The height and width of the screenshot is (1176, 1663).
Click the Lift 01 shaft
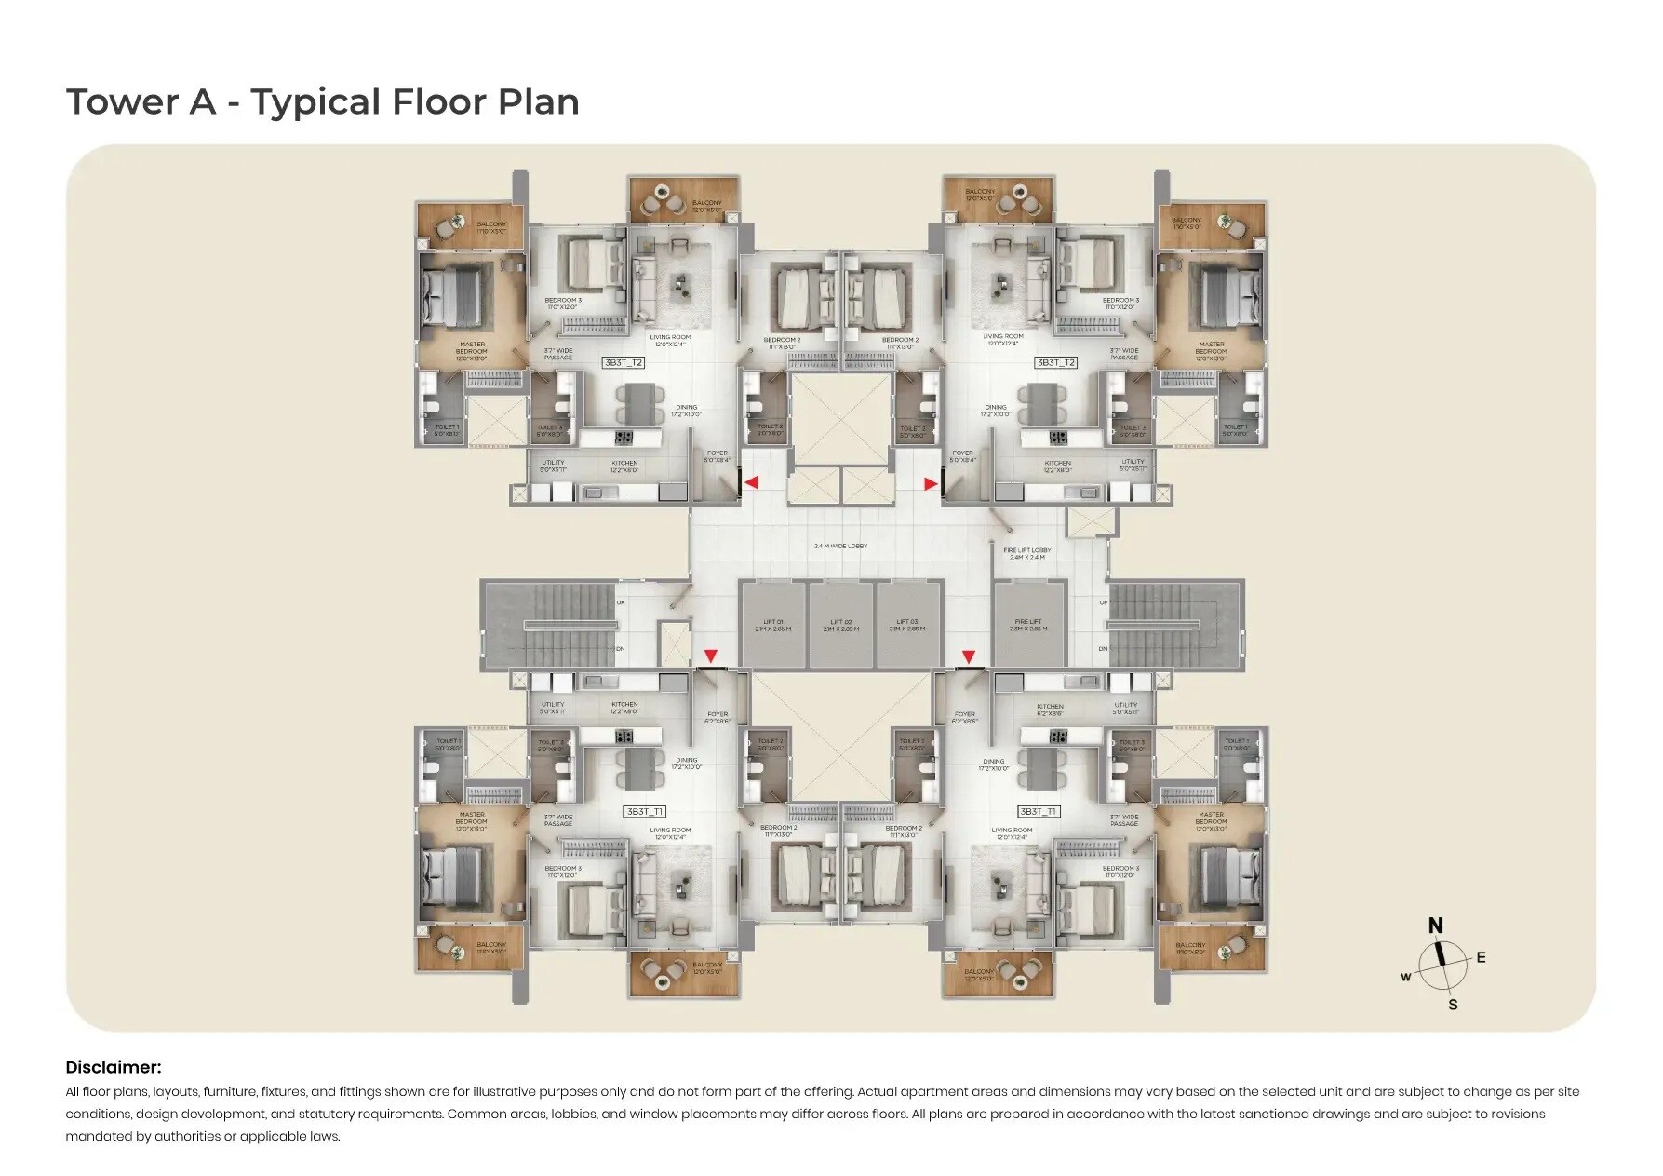(x=773, y=625)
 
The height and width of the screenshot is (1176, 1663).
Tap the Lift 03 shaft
(x=907, y=625)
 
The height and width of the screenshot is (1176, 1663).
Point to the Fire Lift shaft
(x=1028, y=625)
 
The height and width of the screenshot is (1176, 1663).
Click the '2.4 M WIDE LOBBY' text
(x=840, y=546)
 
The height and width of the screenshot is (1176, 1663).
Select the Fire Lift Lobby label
(x=1027, y=553)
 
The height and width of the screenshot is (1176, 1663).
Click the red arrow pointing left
(x=751, y=482)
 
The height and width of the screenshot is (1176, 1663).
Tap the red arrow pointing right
(x=931, y=483)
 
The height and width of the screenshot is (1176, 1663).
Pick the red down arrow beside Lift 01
(x=711, y=656)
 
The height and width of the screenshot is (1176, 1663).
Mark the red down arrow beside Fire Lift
(x=969, y=656)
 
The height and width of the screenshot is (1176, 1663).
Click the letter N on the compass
(x=1435, y=926)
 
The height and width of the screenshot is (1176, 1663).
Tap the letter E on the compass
(x=1481, y=957)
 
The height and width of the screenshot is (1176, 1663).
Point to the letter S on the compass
(x=1453, y=1005)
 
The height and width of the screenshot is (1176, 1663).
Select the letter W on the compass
(x=1406, y=977)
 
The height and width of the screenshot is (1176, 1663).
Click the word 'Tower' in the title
(x=122, y=101)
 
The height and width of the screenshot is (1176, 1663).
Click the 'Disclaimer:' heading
(x=113, y=1067)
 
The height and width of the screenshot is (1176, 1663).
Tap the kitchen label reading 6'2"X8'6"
(x=1050, y=710)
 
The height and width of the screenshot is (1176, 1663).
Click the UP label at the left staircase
(x=621, y=602)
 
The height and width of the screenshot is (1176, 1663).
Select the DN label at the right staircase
(x=1103, y=648)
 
